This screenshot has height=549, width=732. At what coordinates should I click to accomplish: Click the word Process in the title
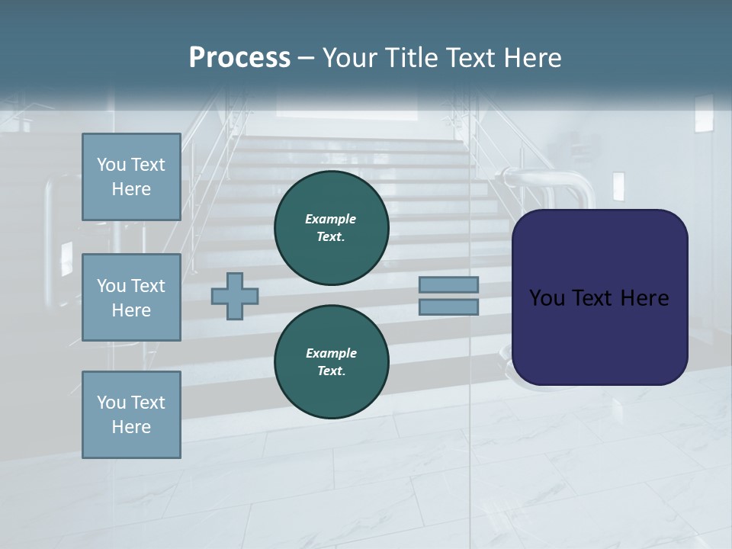239,58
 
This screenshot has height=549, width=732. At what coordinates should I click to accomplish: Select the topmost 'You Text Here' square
131,177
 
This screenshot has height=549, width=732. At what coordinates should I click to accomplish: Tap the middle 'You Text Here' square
131,297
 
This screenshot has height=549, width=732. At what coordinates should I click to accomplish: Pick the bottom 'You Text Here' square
131,414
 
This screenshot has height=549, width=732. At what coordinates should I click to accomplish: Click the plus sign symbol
235,296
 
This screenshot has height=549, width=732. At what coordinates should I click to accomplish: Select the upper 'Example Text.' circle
331,227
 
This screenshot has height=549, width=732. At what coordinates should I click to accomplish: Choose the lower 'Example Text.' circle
331,361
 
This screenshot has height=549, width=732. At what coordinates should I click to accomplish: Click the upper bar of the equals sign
449,284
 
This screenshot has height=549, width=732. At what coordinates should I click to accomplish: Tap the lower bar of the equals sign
449,307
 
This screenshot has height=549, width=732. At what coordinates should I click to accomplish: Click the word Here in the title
533,58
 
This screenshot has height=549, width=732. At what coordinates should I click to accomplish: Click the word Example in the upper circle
331,219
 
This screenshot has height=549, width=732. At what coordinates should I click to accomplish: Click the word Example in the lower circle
331,353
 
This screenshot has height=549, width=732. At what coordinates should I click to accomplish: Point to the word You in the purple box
546,298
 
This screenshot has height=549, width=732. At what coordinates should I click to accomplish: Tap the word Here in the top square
131,189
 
